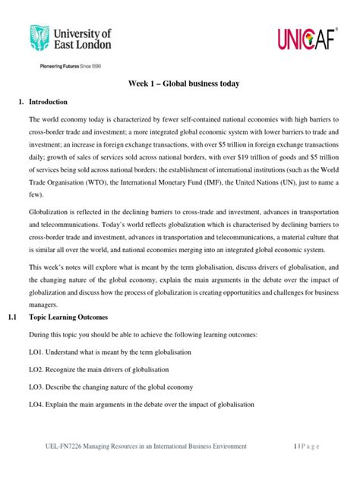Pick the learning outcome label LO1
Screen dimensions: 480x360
tap(38, 352)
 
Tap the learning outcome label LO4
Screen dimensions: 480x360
tap(38, 405)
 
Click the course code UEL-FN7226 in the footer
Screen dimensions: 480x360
tap(60, 447)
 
